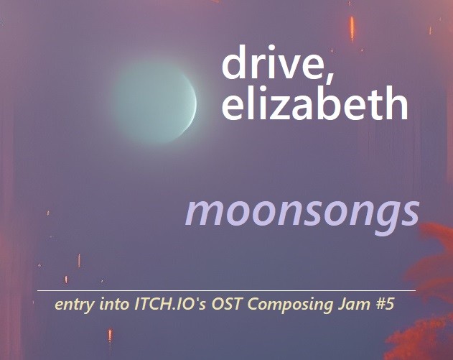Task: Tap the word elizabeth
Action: point(314,104)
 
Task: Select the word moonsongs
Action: point(302,211)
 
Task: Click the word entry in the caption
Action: point(74,305)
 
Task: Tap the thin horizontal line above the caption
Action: point(226,290)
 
